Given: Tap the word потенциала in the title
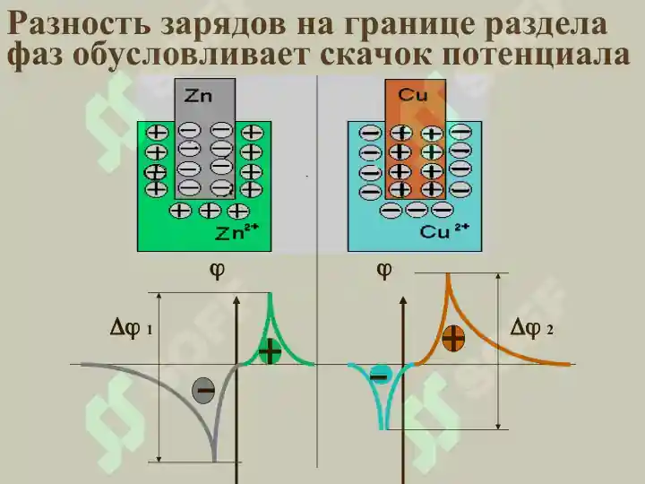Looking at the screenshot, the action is [x=536, y=56].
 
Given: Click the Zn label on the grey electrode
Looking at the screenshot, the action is [x=198, y=96].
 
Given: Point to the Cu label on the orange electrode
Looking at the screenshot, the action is [x=413, y=95].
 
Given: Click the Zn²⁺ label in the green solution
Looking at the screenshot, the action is [x=236, y=232].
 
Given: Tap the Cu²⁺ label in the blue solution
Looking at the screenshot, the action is [x=443, y=231].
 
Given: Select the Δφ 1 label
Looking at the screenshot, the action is [x=131, y=329].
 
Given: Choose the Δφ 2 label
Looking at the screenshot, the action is [x=531, y=328].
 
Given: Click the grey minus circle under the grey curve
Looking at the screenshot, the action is [x=203, y=390].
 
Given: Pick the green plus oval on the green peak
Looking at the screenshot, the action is [x=270, y=351].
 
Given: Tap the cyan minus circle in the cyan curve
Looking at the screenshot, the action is [x=380, y=376].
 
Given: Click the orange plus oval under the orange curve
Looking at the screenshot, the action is [x=453, y=338].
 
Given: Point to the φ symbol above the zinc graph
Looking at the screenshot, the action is [x=217, y=271].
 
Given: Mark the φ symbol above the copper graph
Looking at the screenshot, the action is [x=384, y=271].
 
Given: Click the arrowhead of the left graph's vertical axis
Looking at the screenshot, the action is [x=236, y=300].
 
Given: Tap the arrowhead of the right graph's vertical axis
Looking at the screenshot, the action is [x=403, y=300].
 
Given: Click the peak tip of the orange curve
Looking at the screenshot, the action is [x=448, y=273].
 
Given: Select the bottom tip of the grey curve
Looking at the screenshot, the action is [x=214, y=461].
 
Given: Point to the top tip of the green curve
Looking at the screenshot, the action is [x=271, y=294].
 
